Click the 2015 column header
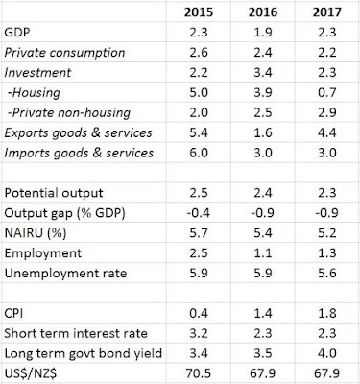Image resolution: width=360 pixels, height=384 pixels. [199, 12]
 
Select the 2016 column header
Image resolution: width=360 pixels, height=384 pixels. [263, 12]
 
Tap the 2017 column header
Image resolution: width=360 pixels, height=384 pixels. [326, 12]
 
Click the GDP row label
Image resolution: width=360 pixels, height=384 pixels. [17, 33]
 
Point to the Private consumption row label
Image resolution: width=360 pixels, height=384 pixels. [64, 53]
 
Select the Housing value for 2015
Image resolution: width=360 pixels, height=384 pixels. [199, 93]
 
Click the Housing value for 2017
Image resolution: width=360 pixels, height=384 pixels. [326, 93]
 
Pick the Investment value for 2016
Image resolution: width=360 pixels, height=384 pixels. [263, 73]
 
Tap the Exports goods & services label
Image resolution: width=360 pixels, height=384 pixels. [78, 132]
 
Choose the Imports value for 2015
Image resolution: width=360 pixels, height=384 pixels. [199, 153]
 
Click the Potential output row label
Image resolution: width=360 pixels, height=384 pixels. [54, 193]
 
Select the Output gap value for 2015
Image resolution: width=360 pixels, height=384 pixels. [199, 213]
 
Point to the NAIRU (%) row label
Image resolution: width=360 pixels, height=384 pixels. [36, 233]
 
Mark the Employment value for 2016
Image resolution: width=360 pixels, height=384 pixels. [263, 253]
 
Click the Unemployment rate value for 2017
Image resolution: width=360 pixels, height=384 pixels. [326, 274]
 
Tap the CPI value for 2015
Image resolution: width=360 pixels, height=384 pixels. [199, 314]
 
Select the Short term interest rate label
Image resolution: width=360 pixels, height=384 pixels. [76, 334]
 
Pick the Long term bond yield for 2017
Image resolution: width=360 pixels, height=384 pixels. [326, 354]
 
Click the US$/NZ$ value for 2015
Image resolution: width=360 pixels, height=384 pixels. [199, 373]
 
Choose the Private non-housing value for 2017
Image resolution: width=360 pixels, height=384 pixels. [326, 113]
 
